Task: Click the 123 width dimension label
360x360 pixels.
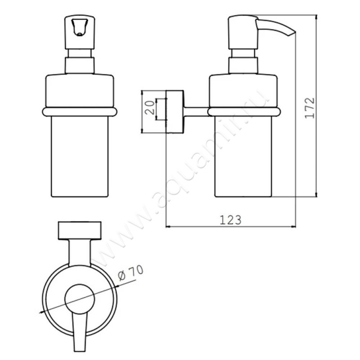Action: coord(231,220)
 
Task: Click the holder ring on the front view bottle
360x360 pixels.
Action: coord(80,112)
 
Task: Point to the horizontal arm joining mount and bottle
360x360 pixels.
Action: coord(195,110)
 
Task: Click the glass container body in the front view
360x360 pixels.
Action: coord(80,157)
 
